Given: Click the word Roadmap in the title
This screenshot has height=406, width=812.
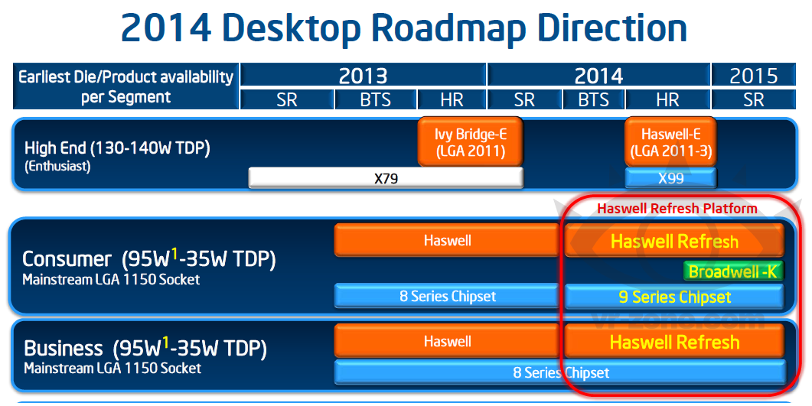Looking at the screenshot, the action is (x=448, y=28).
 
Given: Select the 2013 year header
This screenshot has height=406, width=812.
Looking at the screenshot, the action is (x=363, y=76).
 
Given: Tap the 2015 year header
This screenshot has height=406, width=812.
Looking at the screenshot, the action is (x=754, y=76).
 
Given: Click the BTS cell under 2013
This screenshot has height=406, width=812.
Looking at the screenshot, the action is (x=376, y=99).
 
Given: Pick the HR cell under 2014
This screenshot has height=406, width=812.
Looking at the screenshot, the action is (x=667, y=99).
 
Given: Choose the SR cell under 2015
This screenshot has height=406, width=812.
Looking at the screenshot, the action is (x=754, y=99).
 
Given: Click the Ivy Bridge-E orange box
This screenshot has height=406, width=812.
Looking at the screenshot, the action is (x=470, y=142).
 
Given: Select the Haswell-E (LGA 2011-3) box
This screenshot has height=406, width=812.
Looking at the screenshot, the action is (x=670, y=142).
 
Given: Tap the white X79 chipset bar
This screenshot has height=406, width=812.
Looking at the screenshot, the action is (x=386, y=178).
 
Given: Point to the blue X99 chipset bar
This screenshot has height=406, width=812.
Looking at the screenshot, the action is (x=670, y=178).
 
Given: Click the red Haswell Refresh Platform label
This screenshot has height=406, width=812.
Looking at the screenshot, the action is (x=677, y=209).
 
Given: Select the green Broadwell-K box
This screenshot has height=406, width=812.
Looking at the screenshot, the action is (x=732, y=271).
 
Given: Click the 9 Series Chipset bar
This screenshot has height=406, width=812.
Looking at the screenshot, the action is (x=674, y=297).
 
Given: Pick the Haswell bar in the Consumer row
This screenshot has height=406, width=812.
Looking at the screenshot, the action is (x=448, y=241).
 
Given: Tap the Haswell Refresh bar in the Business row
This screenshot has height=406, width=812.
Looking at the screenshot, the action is (x=674, y=342).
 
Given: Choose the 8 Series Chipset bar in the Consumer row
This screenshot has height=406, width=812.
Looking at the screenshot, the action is (x=448, y=297).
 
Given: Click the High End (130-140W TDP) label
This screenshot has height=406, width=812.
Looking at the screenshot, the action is (x=117, y=148).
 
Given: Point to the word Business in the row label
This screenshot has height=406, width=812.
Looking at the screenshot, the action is (x=64, y=348).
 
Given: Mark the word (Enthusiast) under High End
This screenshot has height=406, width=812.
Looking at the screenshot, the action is (x=57, y=167).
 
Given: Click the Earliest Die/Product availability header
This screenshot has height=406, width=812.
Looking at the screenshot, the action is (x=126, y=86).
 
